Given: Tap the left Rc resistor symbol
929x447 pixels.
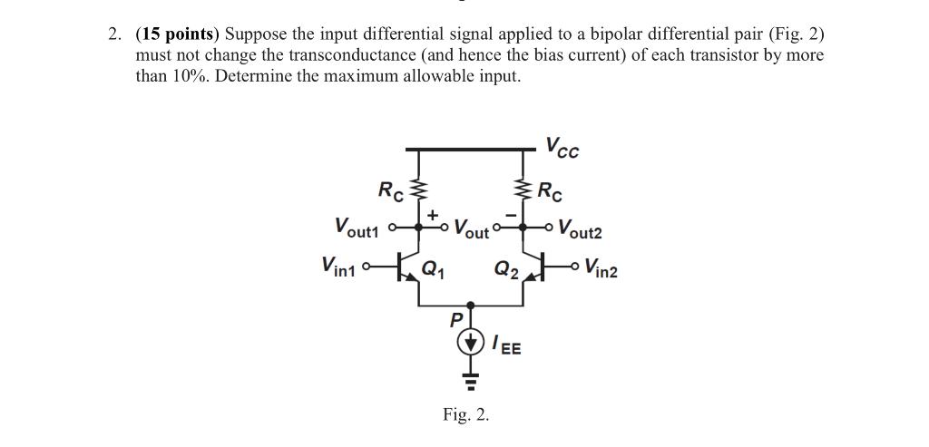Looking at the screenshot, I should [x=418, y=191].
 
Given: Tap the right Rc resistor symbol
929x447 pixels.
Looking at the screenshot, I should [x=523, y=191].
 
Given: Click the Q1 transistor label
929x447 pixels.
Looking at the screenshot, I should [x=435, y=268].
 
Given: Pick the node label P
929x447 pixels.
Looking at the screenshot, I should [x=456, y=320].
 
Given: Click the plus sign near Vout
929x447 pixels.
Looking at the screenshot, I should [x=433, y=215].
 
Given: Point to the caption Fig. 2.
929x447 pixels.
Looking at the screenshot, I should [x=465, y=415].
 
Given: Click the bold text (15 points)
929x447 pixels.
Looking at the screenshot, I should [x=177, y=34].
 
